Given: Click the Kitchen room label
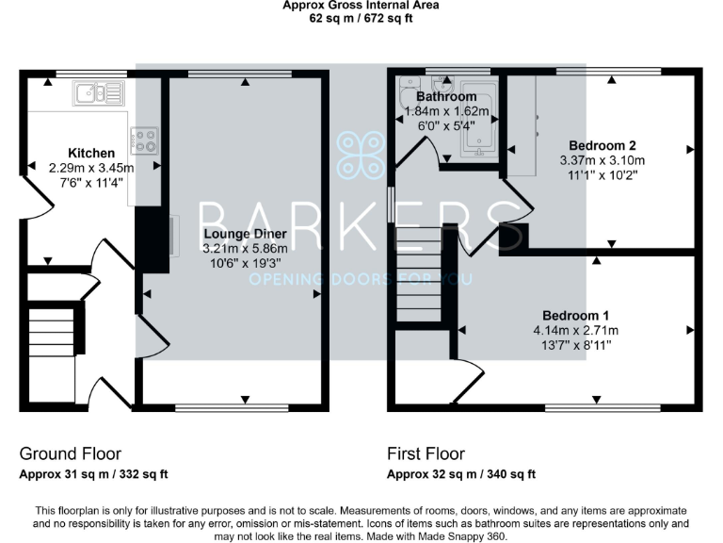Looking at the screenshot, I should pyautogui.click(x=92, y=153).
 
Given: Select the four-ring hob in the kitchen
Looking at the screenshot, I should pyautogui.click(x=144, y=140).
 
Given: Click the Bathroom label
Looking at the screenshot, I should pyautogui.click(x=446, y=96).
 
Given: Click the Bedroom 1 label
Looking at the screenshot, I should pyautogui.click(x=575, y=315).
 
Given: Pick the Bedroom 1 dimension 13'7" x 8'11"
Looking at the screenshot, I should pyautogui.click(x=575, y=345).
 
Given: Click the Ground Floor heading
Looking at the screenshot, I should pyautogui.click(x=71, y=453).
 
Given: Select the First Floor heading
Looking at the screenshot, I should pyautogui.click(x=426, y=453).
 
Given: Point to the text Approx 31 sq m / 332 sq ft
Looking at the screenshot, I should pyautogui.click(x=94, y=474).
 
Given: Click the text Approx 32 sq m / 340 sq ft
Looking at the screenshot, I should pyautogui.click(x=462, y=474).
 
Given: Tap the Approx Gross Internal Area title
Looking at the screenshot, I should pyautogui.click(x=361, y=5).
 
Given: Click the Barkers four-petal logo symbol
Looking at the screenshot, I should pyautogui.click(x=361, y=155).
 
